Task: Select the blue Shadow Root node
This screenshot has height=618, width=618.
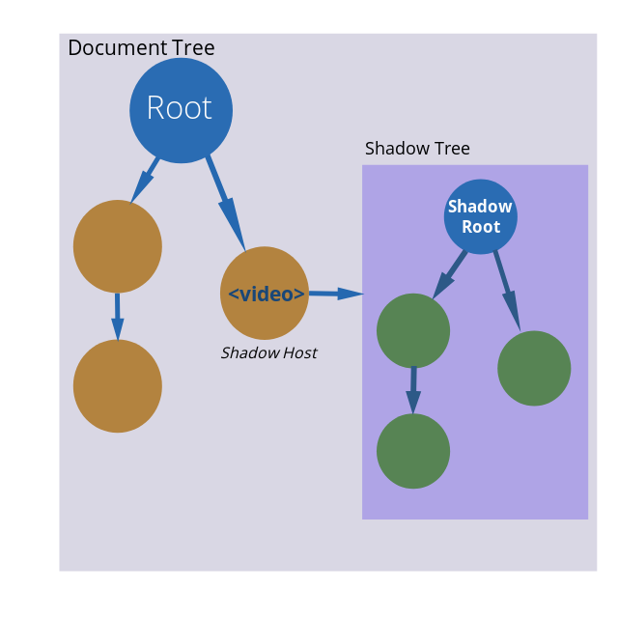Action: click(x=481, y=216)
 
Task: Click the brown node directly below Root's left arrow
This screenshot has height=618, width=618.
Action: click(x=118, y=246)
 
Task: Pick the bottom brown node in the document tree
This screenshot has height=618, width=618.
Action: click(x=118, y=385)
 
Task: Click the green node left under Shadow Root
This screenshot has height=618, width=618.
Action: click(x=413, y=331)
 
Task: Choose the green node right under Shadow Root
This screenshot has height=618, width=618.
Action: click(x=534, y=368)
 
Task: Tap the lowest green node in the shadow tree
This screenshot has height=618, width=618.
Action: click(x=413, y=451)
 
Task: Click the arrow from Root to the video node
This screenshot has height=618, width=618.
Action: click(x=226, y=203)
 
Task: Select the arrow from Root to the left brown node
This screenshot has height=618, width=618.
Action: click(x=145, y=180)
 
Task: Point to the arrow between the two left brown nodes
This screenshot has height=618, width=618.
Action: click(x=118, y=316)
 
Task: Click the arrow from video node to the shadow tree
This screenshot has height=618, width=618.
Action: click(x=335, y=294)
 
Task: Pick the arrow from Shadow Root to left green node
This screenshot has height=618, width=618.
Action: click(x=450, y=273)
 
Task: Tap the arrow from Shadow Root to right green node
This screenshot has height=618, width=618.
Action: click(x=507, y=290)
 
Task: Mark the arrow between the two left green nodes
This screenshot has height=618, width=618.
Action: click(x=413, y=389)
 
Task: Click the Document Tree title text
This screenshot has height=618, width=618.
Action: click(x=141, y=48)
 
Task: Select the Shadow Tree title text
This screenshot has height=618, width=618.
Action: click(x=417, y=149)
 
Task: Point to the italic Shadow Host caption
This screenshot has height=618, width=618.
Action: click(x=268, y=353)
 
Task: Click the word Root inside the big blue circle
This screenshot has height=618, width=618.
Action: click(x=180, y=108)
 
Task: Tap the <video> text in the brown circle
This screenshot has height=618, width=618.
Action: click(x=267, y=295)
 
